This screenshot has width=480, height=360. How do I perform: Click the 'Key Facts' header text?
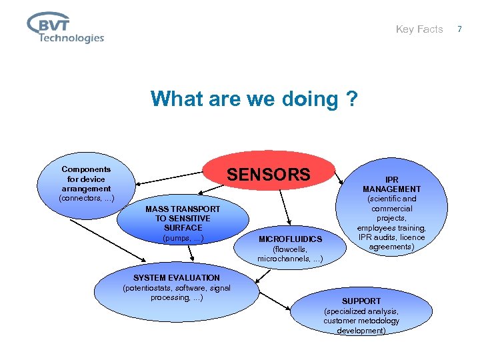419,29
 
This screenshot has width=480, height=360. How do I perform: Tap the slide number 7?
459,29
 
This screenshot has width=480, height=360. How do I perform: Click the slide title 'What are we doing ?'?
254,99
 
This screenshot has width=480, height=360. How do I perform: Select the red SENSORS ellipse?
269,175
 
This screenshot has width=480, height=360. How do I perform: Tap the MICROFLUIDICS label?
290,239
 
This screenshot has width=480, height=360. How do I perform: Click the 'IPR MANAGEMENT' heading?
391,184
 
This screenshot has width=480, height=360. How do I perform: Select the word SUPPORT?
361,301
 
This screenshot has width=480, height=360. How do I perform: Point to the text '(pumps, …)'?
183,238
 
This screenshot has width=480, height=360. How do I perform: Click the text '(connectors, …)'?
86,198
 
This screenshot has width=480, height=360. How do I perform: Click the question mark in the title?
351,99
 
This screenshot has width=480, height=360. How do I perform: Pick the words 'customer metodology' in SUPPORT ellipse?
361,321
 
